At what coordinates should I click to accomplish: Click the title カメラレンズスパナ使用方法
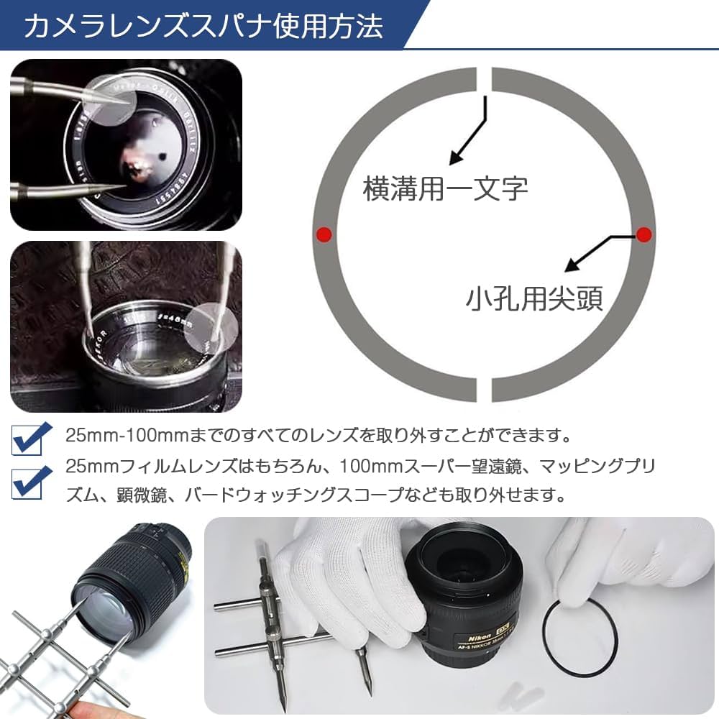point(203,26)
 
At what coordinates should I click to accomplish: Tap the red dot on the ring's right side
point(644,234)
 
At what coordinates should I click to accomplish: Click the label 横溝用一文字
point(446,189)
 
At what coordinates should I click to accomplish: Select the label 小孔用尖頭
point(533,298)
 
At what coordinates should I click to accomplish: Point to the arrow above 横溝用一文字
point(467,133)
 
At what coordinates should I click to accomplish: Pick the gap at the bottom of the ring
point(484,389)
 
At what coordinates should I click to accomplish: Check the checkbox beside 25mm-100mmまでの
point(32,438)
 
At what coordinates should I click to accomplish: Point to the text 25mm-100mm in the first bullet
point(108,436)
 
